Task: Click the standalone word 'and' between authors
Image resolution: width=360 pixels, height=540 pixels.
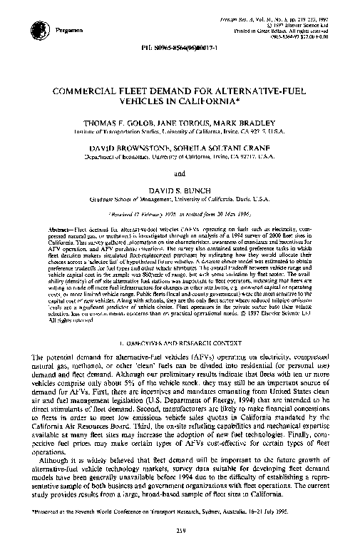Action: (x=180, y=172)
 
